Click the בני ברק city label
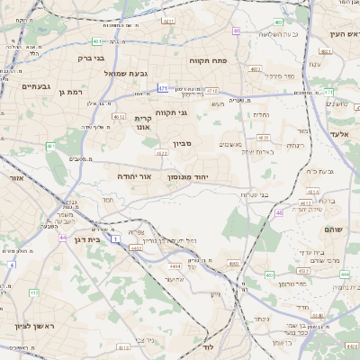pos(91,58)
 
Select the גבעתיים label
pos(36,85)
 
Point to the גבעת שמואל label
pos(125,73)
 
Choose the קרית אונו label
pos(143,122)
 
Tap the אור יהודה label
pos(132,176)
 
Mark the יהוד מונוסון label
pos(188,177)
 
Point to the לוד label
pos(208,346)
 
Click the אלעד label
pos(340,133)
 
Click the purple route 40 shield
pos(236,31)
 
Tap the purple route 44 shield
pos(63,238)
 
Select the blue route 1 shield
pos(116,239)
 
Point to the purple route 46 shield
pos(279,212)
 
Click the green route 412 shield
pos(34,292)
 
